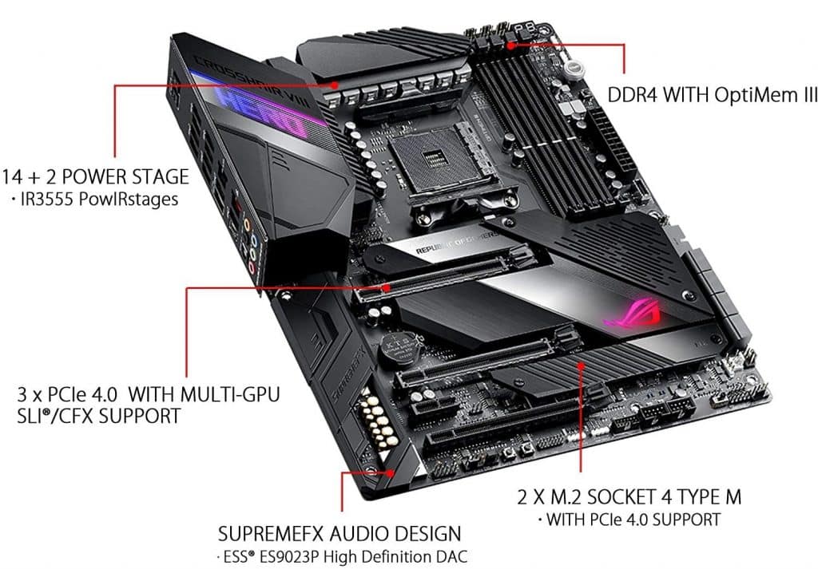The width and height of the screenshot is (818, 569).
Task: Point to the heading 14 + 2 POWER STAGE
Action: pyautogui.click(x=95, y=176)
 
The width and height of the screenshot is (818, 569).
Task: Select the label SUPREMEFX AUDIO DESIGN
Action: pyautogui.click(x=340, y=532)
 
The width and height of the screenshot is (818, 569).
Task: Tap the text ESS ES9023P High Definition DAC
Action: pyautogui.click(x=344, y=555)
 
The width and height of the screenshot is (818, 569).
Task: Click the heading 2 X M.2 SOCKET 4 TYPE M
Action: pyautogui.click(x=629, y=497)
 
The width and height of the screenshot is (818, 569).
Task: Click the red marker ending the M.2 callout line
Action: pyautogui.click(x=582, y=365)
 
